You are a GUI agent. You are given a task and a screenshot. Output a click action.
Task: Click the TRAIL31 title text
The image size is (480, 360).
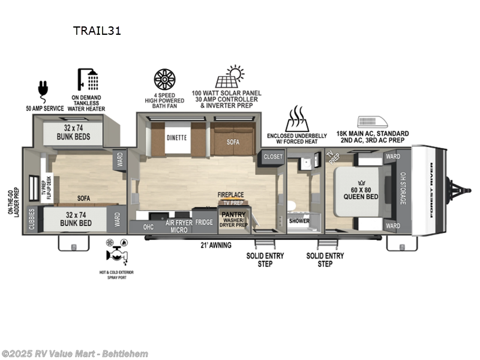[x=98, y=31]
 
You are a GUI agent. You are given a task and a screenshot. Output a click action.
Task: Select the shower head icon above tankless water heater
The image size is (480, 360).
[x=88, y=80]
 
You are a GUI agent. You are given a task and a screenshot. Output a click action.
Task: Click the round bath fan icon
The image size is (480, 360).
[x=164, y=79]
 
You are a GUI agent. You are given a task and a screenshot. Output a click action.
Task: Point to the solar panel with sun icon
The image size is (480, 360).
[x=227, y=78]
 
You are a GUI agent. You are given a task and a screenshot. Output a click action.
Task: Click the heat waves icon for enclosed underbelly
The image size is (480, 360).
[x=296, y=118]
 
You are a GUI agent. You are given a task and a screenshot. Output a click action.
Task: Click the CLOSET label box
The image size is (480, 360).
[x=273, y=157]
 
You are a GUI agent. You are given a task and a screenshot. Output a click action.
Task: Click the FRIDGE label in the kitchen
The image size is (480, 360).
[x=204, y=222]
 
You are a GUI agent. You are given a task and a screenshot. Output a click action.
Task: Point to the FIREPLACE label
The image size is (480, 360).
[x=230, y=195]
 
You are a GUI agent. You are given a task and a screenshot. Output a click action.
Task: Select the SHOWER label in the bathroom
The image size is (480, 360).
[x=299, y=221]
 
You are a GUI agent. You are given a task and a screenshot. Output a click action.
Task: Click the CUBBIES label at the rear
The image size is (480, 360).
[x=32, y=220]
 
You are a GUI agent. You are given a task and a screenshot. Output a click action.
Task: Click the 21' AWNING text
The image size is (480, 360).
[x=216, y=245]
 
